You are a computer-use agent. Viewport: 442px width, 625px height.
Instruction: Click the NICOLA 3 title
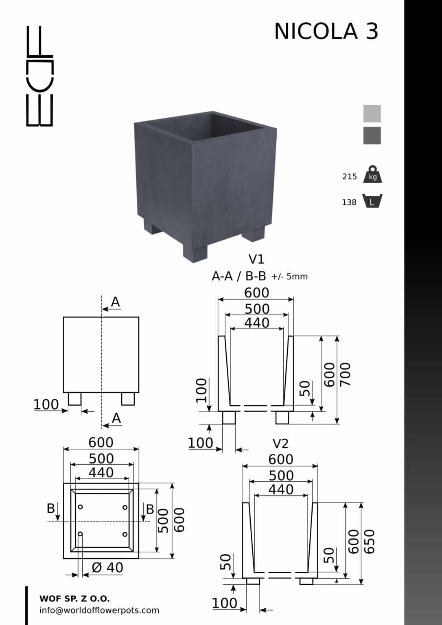326,31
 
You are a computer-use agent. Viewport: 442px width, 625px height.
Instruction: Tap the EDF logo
39,76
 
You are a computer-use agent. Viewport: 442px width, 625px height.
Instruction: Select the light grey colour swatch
372,114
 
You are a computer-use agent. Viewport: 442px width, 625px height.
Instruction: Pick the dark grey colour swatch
372,135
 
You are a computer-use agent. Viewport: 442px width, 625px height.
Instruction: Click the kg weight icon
373,174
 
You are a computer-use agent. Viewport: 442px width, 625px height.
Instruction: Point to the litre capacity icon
372,201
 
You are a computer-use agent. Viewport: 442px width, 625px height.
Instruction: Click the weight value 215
350,177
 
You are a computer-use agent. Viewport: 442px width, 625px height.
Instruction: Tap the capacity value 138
349,202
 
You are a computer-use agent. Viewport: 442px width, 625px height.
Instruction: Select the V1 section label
256,259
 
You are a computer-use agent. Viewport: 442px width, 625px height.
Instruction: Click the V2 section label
280,444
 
